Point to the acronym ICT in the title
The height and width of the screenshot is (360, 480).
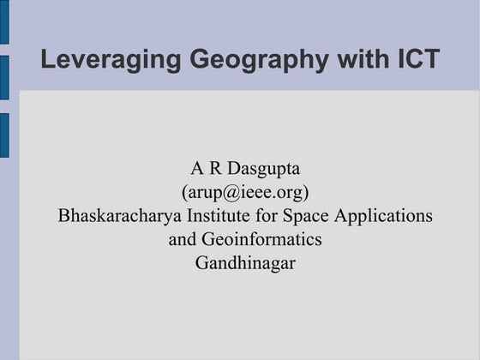[419, 60]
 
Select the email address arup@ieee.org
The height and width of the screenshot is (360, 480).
[245, 191]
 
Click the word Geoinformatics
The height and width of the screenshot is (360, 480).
[261, 239]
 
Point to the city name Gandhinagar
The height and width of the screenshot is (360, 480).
[245, 263]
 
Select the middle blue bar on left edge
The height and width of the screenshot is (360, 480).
[4, 77]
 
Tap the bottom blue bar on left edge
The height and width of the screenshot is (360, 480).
[4, 135]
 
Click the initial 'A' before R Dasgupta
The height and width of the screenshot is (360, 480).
[196, 167]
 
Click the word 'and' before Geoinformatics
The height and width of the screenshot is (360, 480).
[183, 239]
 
